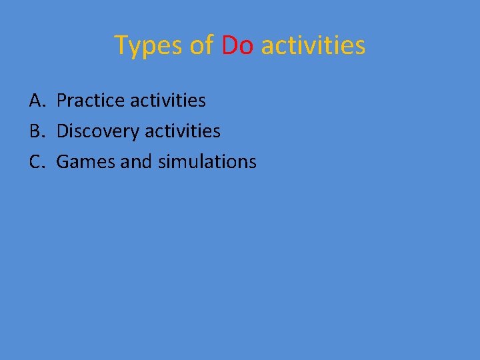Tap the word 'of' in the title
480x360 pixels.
click(201, 45)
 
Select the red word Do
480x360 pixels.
click(237, 45)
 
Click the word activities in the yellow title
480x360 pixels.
click(313, 45)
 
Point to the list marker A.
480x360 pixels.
click(37, 101)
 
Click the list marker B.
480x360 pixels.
click(37, 131)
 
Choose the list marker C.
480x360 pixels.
click(37, 161)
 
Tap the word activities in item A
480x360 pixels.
click(168, 101)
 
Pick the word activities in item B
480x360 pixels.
click(183, 131)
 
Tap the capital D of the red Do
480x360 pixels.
click(230, 45)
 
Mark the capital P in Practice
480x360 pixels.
click(62, 101)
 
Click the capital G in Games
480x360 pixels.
click(63, 161)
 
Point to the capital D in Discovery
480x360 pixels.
click(63, 131)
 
